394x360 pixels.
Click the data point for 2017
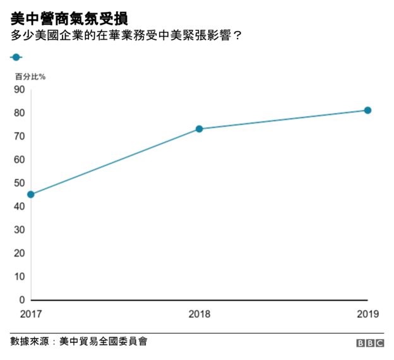[x=30, y=195]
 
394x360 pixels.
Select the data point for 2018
[x=199, y=129]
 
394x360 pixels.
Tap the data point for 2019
[x=367, y=111]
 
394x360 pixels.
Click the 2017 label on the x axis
[x=30, y=313]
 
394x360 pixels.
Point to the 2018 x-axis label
[x=200, y=313]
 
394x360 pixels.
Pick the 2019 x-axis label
[x=367, y=313]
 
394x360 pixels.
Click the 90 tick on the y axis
[x=18, y=90]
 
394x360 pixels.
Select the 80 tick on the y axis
[x=18, y=113]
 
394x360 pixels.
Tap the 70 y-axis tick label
[x=18, y=136]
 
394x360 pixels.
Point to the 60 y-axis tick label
[x=18, y=160]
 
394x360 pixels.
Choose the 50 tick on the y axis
[x=18, y=183]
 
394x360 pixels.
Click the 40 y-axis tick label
[x=18, y=207]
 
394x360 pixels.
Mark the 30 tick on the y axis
[x=18, y=230]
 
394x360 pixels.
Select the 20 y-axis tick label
[x=18, y=253]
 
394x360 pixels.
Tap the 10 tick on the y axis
[x=18, y=277]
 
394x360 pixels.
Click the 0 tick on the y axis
[x=21, y=300]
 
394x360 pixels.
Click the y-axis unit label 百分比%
[x=30, y=76]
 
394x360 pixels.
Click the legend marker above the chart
[x=16, y=57]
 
